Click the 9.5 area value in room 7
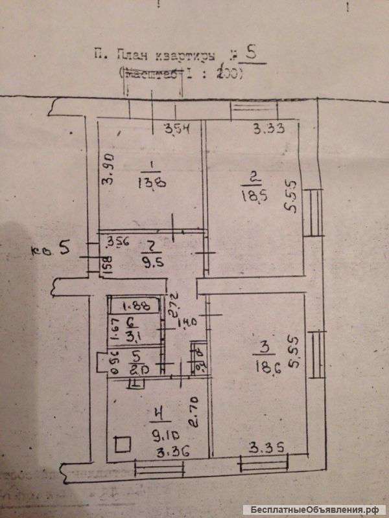(x=150, y=264)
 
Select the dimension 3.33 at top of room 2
(x=265, y=128)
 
